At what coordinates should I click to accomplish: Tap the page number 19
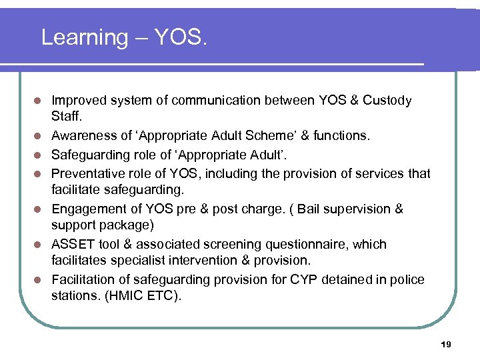click(446, 344)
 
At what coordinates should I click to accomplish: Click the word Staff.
click(65, 117)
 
